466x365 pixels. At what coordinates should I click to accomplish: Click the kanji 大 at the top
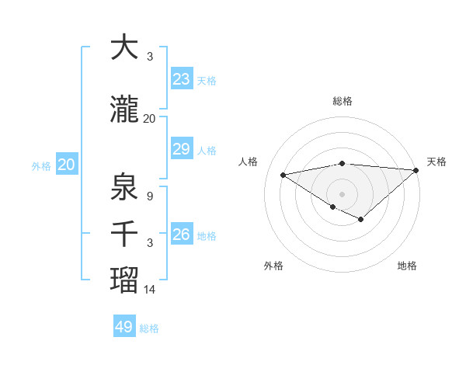[125, 47]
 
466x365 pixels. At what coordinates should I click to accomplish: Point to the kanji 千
[125, 234]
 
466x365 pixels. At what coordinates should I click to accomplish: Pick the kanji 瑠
[125, 280]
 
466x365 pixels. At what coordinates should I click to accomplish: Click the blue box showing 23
[182, 79]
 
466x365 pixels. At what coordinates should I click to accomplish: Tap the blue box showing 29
[182, 149]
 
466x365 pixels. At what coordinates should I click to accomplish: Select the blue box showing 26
[182, 235]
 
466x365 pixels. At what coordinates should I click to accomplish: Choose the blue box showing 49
[124, 327]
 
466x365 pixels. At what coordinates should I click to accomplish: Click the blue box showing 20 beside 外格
[66, 165]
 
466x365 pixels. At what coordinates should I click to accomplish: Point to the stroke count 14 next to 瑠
[150, 290]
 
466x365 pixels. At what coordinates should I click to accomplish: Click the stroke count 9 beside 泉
[149, 196]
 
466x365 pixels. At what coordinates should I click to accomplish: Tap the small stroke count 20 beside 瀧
[150, 119]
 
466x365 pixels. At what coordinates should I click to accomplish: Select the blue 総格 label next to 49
[149, 328]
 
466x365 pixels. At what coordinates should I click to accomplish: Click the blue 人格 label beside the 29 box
[207, 150]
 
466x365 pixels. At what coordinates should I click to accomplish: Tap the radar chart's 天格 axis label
[436, 162]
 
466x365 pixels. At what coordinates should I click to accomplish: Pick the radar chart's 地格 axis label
[407, 266]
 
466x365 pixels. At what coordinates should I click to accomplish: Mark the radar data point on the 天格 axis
[416, 170]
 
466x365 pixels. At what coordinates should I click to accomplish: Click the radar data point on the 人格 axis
[283, 174]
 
